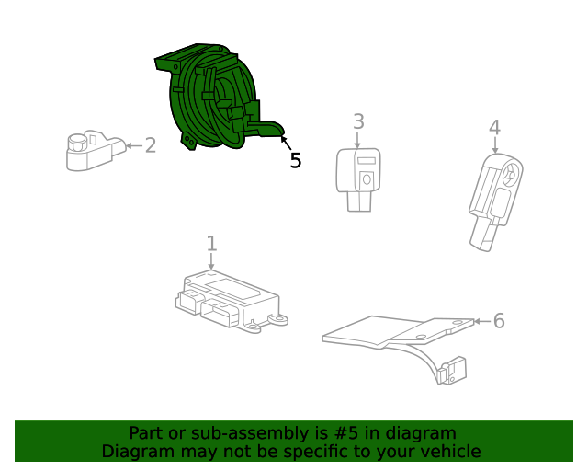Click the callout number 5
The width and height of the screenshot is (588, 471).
pyautogui.click(x=296, y=160)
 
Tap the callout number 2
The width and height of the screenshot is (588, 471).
pyautogui.click(x=151, y=145)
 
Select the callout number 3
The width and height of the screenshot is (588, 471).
pyautogui.click(x=358, y=121)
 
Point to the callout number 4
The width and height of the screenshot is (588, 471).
pyautogui.click(x=494, y=127)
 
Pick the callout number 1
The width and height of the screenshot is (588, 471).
pyautogui.click(x=212, y=244)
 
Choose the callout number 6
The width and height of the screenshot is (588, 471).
pyautogui.click(x=499, y=321)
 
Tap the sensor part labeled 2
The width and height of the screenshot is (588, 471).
pyautogui.click(x=96, y=151)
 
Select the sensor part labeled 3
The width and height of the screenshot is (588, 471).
pyautogui.click(x=358, y=179)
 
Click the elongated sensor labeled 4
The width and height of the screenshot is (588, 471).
pyautogui.click(x=495, y=202)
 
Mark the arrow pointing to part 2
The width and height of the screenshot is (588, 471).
pyautogui.click(x=134, y=145)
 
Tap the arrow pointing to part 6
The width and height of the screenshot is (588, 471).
pyautogui.click(x=482, y=321)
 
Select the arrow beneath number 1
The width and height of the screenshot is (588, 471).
pyautogui.click(x=211, y=261)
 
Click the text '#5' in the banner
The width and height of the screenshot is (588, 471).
pyautogui.click(x=345, y=433)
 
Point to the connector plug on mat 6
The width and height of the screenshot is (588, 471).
pyautogui.click(x=452, y=371)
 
